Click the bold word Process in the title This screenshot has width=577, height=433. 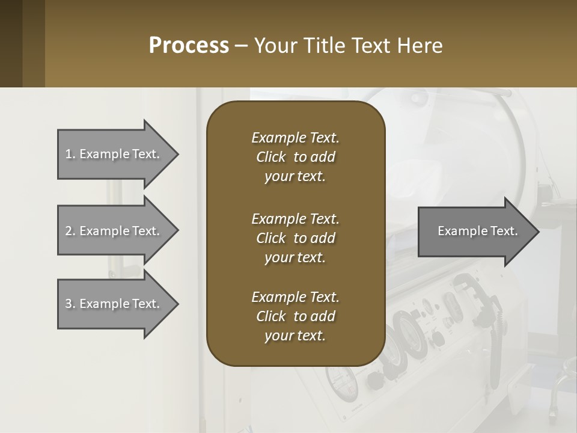tap(189, 45)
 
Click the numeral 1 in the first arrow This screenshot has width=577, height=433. tap(69, 154)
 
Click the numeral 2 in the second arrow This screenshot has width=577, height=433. tap(69, 231)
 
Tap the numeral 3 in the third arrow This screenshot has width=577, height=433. tap(69, 304)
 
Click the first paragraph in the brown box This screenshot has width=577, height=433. tap(295, 157)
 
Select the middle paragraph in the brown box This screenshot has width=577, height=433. tap(295, 238)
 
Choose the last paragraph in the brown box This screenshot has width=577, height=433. tap(295, 316)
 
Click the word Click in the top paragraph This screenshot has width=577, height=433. tap(270, 157)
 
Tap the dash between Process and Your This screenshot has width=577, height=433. tap(241, 46)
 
